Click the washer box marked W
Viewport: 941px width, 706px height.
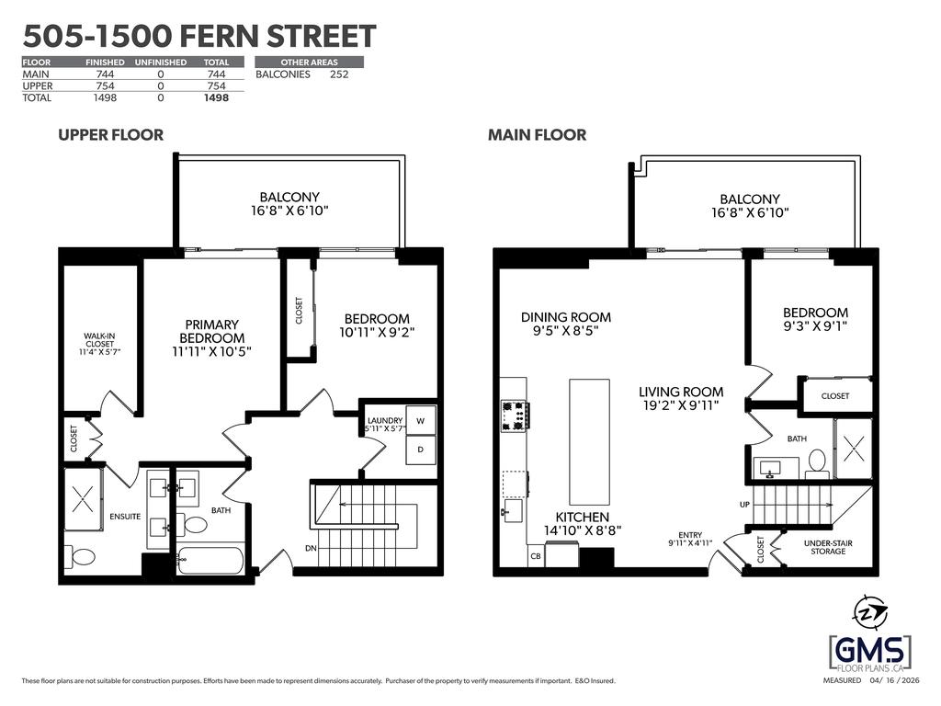click(421, 421)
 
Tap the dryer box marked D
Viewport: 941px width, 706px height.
click(421, 450)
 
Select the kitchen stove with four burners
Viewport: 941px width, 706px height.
click(514, 416)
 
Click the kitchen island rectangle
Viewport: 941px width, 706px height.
click(589, 442)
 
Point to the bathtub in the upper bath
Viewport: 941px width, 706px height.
click(210, 560)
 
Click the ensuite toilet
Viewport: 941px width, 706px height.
click(79, 556)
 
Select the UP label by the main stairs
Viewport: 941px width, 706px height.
click(744, 505)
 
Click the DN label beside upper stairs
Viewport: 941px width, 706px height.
click(311, 548)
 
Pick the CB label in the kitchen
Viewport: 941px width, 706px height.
click(536, 556)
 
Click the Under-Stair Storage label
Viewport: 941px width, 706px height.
click(828, 547)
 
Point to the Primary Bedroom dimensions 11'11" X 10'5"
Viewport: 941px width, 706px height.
click(211, 352)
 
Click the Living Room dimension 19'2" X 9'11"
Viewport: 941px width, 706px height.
click(681, 405)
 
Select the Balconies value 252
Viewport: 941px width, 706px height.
click(339, 74)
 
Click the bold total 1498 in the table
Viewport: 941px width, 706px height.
click(216, 97)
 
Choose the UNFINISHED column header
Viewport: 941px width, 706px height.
click(161, 62)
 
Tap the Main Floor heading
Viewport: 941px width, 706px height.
click(537, 134)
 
